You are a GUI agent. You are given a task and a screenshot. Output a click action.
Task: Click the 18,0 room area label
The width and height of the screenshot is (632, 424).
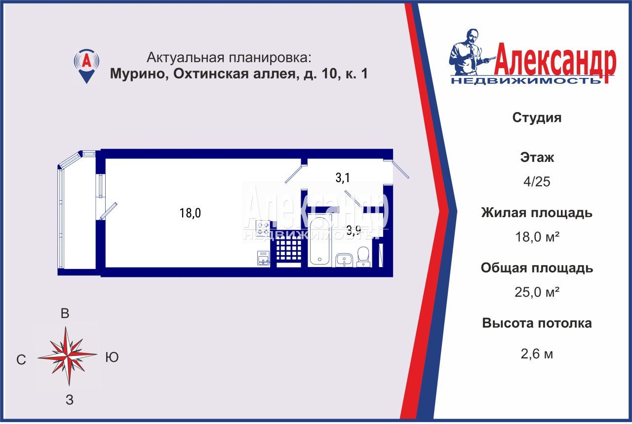190,213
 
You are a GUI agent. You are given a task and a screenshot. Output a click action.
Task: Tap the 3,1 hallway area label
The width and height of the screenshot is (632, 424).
343,178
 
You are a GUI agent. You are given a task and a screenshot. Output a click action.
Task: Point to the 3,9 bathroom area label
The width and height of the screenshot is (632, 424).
354,231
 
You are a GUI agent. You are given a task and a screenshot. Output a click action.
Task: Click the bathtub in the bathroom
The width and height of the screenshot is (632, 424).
319,240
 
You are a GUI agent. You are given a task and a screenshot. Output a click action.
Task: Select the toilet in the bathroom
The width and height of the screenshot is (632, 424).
363,257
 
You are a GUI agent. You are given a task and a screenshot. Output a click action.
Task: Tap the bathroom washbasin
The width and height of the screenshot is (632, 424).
344,260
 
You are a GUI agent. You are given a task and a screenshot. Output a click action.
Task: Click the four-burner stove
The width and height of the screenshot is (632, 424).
263,229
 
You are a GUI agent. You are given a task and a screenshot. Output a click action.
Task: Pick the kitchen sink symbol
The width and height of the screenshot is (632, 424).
264,258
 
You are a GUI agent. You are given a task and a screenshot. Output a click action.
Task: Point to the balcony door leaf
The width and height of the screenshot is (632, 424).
108,211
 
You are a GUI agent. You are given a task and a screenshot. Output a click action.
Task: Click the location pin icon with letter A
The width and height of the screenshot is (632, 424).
86,66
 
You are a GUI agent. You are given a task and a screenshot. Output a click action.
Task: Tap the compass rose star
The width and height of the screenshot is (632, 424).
68,356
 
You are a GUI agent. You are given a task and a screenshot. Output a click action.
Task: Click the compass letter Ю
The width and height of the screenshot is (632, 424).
112,357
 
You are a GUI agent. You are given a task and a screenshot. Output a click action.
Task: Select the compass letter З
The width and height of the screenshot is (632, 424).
70,400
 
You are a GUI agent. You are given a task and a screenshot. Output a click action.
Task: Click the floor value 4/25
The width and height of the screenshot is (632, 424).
537,182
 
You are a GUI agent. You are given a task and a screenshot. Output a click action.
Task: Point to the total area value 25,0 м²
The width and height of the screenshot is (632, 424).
537,292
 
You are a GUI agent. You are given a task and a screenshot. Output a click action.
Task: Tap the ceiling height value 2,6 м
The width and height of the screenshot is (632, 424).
537,354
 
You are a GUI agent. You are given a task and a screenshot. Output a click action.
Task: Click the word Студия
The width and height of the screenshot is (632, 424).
537,117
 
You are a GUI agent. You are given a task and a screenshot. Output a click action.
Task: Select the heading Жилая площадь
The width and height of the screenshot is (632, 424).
537,213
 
